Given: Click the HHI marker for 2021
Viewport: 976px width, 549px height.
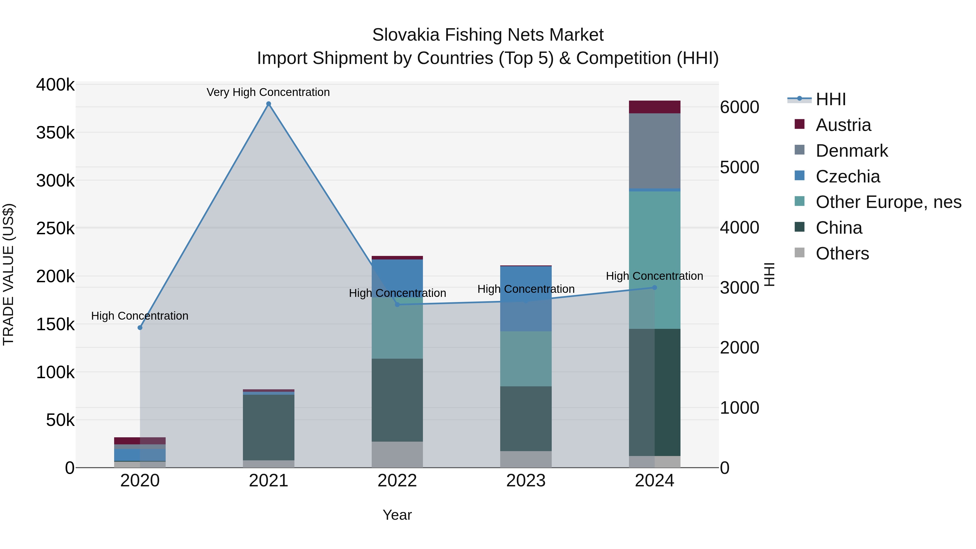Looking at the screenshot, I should coord(269,104).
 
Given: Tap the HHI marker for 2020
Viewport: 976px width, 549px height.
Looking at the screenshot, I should coord(140,327).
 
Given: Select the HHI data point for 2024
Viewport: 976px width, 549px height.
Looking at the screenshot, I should coord(654,288).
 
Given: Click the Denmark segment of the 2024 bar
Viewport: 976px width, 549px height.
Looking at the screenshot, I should coord(654,151).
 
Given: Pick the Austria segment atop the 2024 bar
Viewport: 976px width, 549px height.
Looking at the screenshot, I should coord(654,107).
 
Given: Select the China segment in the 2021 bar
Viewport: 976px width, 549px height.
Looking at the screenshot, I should coord(269,427).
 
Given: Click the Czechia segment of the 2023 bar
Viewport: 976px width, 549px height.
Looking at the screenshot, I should coord(526,298).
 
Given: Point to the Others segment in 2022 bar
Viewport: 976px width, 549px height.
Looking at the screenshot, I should coord(397,454).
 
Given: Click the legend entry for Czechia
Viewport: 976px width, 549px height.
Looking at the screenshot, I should coord(847,176).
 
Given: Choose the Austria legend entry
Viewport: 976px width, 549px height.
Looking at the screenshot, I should coord(843,125).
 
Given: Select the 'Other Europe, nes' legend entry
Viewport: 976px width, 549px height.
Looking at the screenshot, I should coord(888,202).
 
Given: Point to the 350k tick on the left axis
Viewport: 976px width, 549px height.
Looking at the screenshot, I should coord(55,133).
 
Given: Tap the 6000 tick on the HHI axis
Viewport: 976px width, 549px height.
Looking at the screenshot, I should coord(740,107).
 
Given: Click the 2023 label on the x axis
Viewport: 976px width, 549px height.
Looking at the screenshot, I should coord(526,481).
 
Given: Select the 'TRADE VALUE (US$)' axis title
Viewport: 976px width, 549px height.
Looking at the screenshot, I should coord(8,274).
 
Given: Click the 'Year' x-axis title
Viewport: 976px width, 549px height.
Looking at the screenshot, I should coord(397,515).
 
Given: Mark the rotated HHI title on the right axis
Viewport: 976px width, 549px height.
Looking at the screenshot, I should coord(769,274).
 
